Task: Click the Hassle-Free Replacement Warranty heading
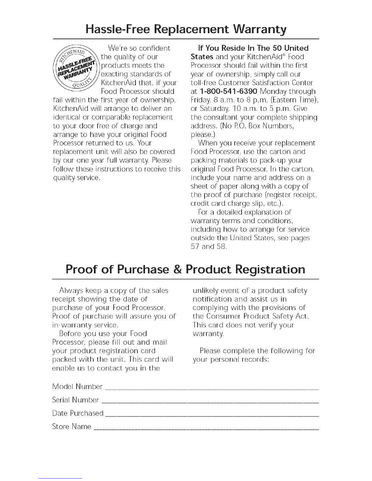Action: pyautogui.click(x=186, y=30)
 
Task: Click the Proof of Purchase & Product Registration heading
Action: pyautogui.click(x=186, y=270)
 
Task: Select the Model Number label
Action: pyautogui.click(x=77, y=387)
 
